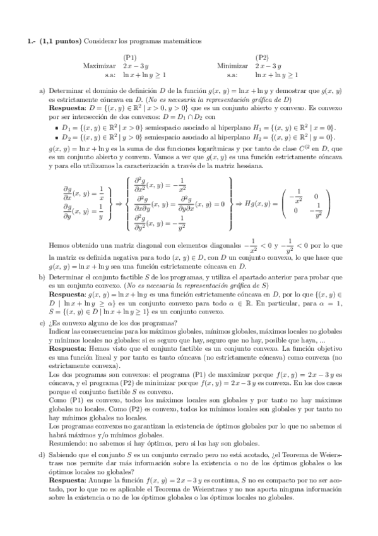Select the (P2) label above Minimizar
(x=262, y=57)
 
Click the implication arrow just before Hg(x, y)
(x=239, y=204)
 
